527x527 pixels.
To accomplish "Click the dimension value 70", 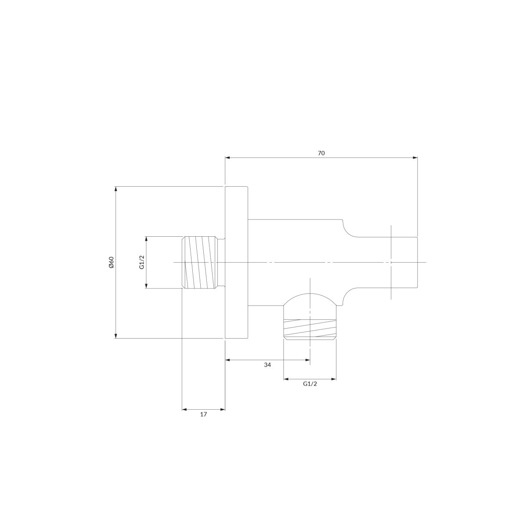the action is click(x=321, y=153).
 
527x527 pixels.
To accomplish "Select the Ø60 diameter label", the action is click(x=111, y=262).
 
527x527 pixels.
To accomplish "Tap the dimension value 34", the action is click(x=267, y=365).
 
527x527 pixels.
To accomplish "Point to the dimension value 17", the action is click(x=203, y=414).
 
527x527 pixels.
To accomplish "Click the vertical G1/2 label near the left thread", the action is click(x=142, y=262).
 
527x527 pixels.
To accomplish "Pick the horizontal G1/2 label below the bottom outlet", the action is click(x=310, y=384).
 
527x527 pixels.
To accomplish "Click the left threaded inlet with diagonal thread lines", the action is click(x=201, y=262).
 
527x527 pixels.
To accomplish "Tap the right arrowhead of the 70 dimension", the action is click(x=415, y=158).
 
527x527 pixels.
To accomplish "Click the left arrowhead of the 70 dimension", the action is click(x=227, y=158).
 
